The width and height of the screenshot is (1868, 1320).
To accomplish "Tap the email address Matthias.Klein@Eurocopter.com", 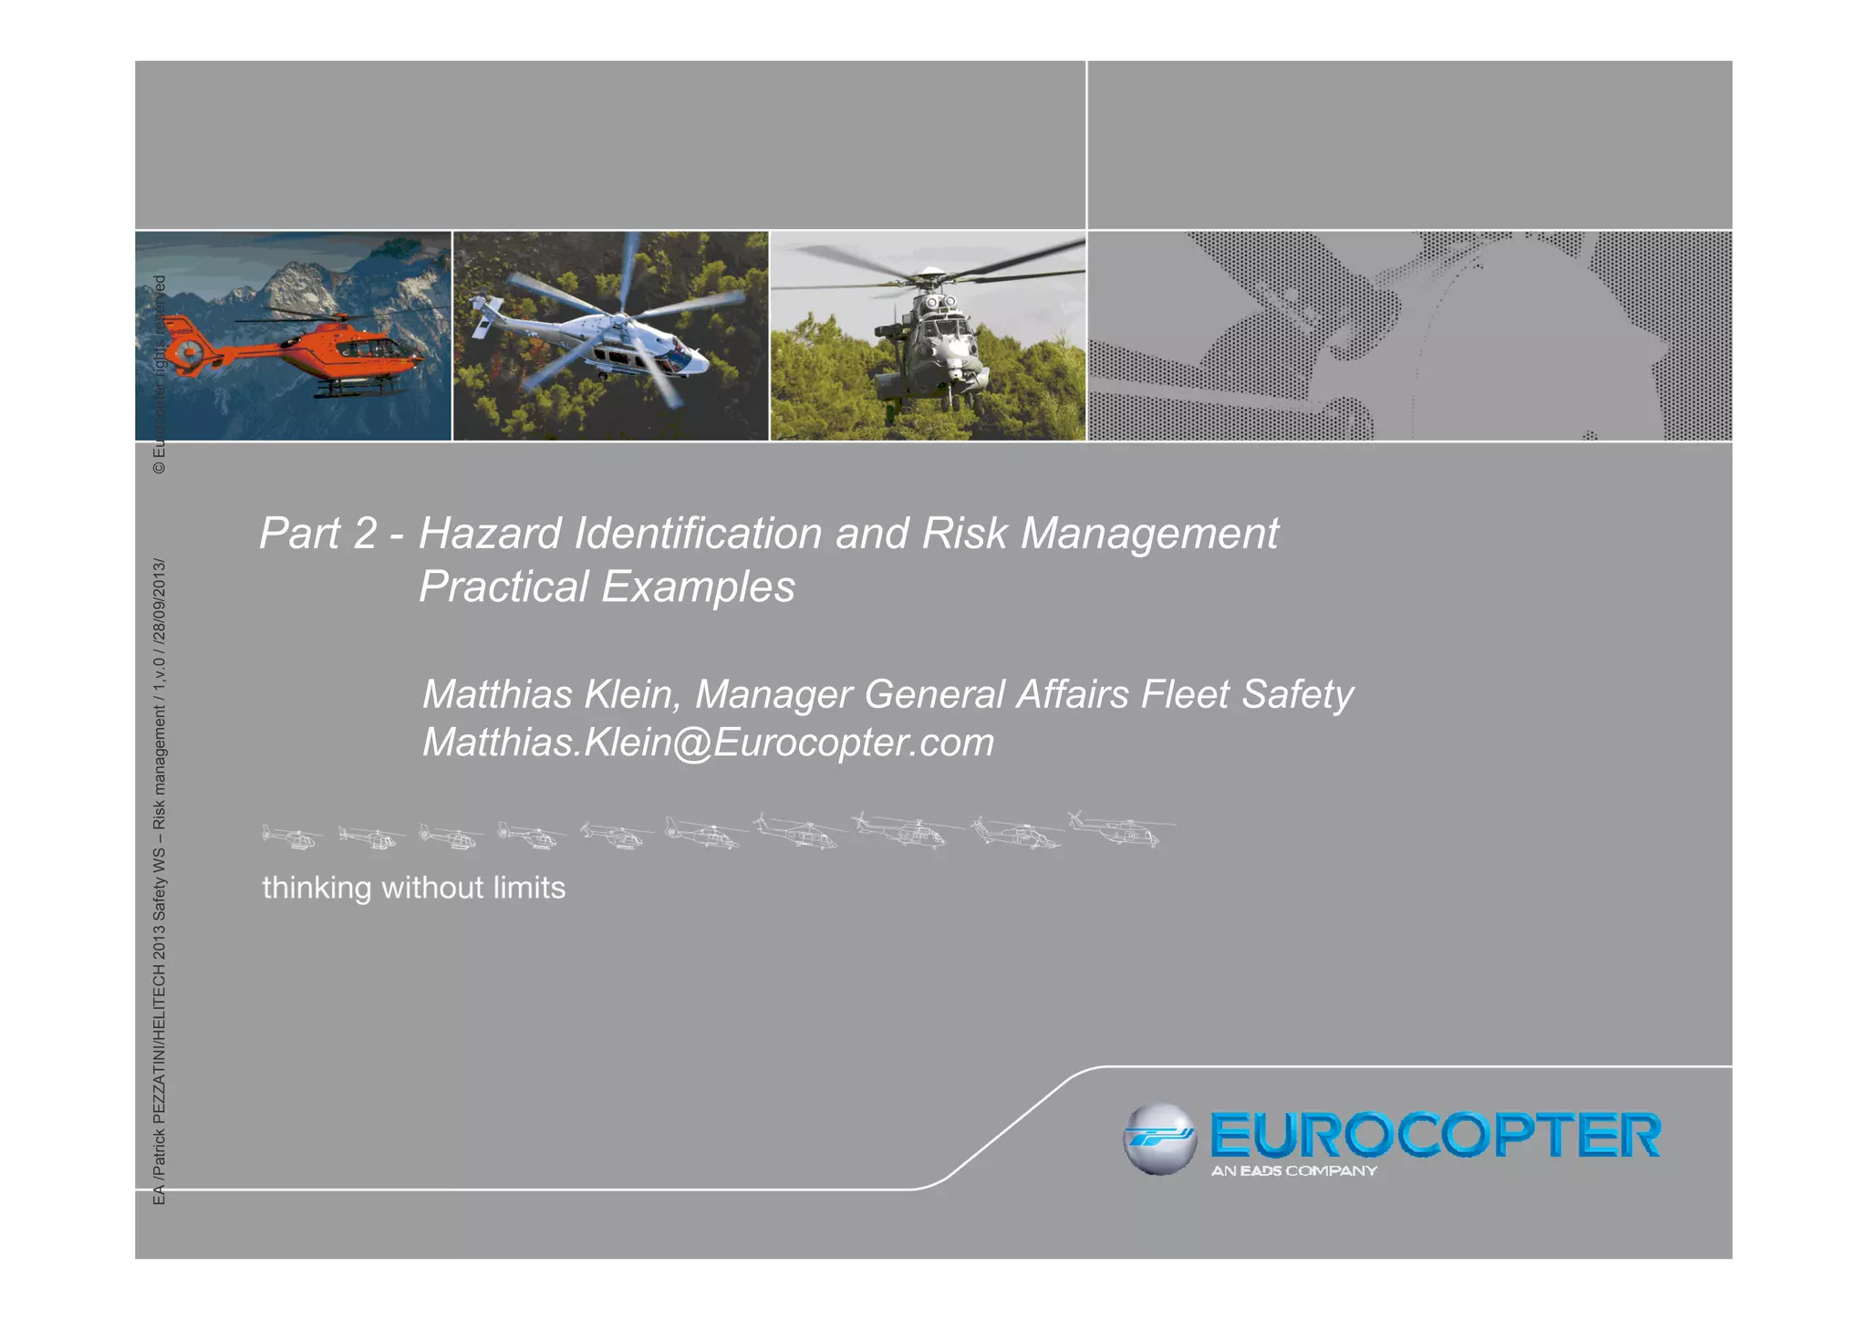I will click(x=708, y=743).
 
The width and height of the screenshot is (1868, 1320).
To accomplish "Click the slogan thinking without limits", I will click(x=413, y=888).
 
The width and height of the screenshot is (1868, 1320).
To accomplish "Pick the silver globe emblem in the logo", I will click(x=1158, y=1138).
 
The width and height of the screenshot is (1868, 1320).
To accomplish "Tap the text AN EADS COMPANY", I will click(x=1293, y=1171).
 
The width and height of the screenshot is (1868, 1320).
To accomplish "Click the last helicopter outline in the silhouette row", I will click(x=1122, y=830).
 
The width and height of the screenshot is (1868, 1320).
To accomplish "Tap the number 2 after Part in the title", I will click(x=364, y=534).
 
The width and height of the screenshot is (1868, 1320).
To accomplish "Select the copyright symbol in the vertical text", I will click(x=160, y=467).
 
